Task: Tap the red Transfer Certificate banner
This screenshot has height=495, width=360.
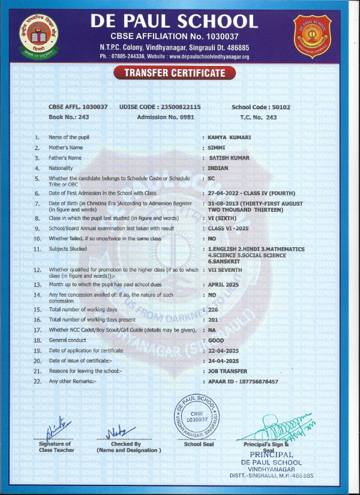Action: [175, 73]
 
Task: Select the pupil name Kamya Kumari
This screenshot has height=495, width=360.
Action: [229, 137]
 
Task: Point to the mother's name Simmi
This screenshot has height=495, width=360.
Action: [216, 148]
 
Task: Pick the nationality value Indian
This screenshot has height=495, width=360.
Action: [218, 168]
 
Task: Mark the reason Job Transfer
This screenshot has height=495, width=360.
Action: [227, 371]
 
